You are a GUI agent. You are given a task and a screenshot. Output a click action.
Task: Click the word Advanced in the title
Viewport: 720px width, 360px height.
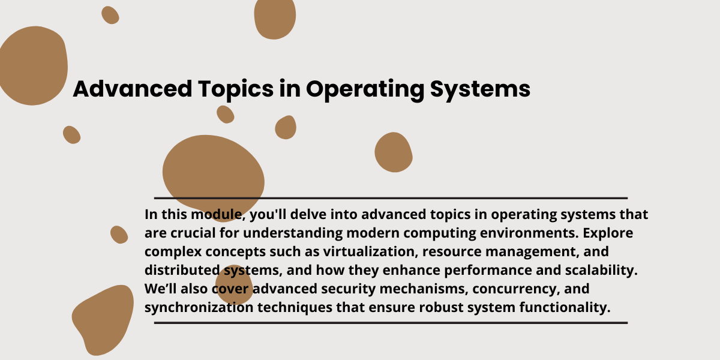(133, 89)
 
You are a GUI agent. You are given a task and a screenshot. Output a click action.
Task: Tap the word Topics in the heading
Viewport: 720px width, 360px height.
(236, 90)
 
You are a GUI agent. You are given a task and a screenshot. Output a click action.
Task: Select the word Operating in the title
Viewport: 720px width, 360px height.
(365, 90)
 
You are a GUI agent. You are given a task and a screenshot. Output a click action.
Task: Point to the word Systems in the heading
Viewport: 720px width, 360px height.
(480, 90)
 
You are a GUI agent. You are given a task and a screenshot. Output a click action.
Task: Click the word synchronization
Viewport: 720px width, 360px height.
(199, 307)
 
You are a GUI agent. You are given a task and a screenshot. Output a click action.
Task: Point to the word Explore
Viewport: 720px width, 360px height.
(608, 233)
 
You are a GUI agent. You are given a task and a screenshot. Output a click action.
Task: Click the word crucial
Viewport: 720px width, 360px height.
(193, 233)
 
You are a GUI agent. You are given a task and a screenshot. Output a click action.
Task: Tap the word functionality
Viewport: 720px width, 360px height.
(565, 308)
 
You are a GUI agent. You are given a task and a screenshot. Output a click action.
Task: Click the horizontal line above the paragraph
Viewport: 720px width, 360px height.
(391, 198)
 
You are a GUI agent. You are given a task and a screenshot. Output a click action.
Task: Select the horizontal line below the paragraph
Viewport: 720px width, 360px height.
(391, 323)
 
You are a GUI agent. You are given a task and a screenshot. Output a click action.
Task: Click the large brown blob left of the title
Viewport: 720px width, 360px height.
(33, 66)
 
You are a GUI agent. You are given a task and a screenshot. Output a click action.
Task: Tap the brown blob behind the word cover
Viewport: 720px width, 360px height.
(234, 285)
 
